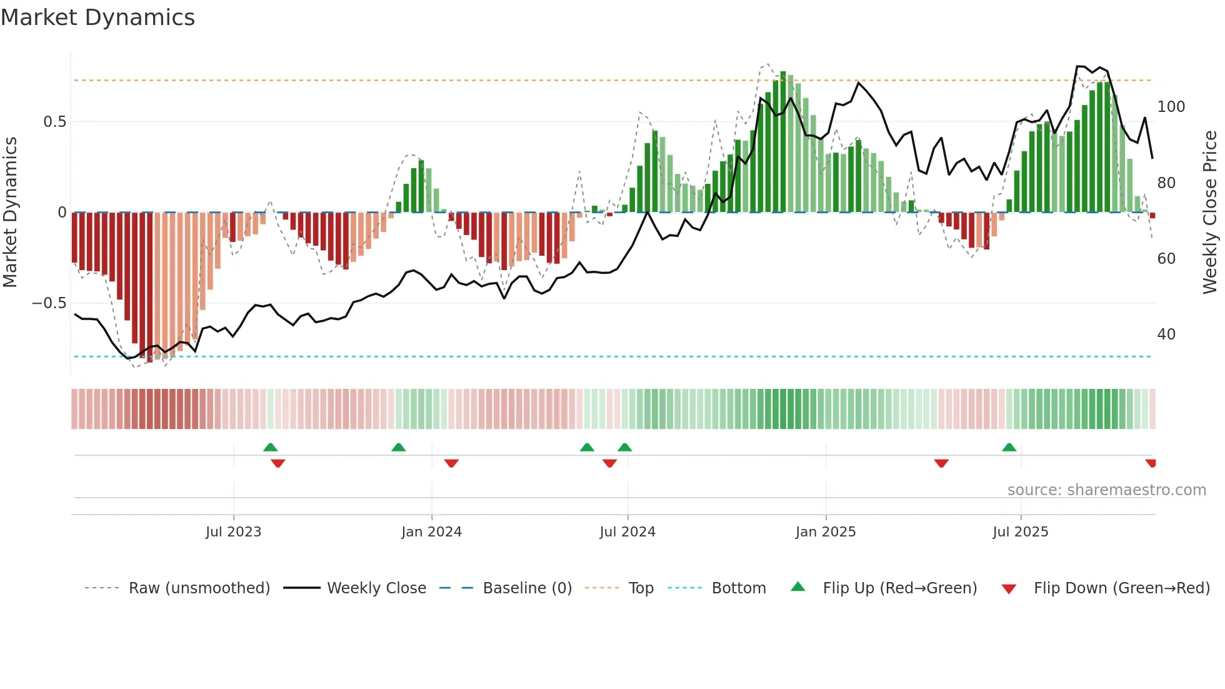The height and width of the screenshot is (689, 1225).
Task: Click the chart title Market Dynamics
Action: point(97,18)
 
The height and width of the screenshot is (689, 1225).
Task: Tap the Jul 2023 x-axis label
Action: point(233,532)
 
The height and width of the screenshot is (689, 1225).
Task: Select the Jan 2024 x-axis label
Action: point(431,532)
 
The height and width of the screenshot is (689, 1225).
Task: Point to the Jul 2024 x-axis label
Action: point(627,532)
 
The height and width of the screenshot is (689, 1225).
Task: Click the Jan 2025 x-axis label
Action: point(826,532)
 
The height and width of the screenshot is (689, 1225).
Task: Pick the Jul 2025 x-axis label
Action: point(1021,532)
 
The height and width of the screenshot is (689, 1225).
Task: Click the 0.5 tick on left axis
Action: point(54,122)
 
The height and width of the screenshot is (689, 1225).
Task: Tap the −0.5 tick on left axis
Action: point(49,303)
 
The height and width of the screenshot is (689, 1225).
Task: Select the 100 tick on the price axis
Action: point(1171,107)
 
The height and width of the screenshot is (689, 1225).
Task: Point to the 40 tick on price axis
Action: point(1166,334)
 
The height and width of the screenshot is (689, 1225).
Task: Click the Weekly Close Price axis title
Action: point(1210,213)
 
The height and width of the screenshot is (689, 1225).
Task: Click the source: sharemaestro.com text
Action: point(1106,490)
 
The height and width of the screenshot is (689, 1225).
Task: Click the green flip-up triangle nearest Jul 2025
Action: point(1009,448)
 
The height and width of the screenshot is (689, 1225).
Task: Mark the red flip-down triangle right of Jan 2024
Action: point(451,463)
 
